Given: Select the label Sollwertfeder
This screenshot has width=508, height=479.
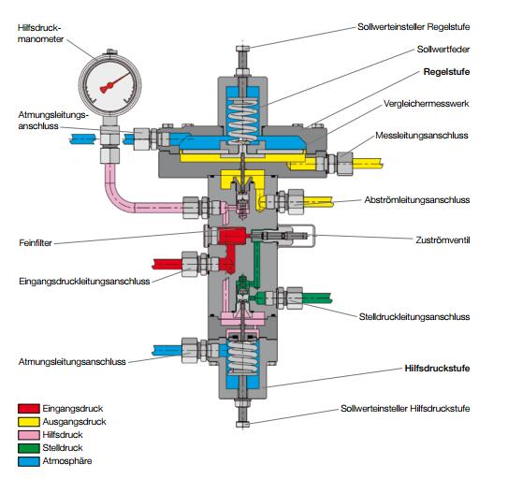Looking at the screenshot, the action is click(x=443, y=50).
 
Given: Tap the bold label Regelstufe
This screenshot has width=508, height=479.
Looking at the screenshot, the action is click(x=446, y=72).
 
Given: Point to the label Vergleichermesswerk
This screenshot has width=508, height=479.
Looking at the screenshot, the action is click(x=426, y=104).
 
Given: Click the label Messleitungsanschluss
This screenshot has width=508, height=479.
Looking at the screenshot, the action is click(x=422, y=136).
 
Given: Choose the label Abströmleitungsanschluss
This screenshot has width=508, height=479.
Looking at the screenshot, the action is click(x=417, y=199).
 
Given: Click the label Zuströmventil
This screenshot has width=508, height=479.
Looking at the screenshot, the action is click(x=443, y=240).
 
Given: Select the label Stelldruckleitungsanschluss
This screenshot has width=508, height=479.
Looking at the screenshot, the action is click(x=414, y=316).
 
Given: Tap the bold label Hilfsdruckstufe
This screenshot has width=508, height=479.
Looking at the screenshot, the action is click(x=437, y=369).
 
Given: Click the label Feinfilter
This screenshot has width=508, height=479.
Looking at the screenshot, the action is click(x=36, y=242).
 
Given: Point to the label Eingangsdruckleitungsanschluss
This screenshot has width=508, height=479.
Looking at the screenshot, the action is click(x=84, y=281).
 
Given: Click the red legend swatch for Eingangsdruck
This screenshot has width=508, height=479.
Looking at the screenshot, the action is click(x=29, y=408).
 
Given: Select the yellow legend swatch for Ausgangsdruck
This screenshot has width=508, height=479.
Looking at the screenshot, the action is click(x=29, y=422).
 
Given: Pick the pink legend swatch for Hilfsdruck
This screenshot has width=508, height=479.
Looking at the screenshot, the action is click(x=29, y=435).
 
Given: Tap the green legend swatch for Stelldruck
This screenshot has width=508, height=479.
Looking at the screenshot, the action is click(x=29, y=448).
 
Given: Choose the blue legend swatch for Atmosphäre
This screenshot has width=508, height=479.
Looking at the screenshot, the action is click(x=29, y=461).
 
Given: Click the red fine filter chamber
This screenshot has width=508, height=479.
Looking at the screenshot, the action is click(x=233, y=235).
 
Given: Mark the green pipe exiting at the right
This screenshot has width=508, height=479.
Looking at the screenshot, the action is click(x=317, y=298).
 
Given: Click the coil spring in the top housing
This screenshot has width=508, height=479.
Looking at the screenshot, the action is click(x=242, y=119).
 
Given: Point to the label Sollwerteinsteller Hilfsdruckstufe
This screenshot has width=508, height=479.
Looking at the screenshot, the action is click(x=405, y=408).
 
